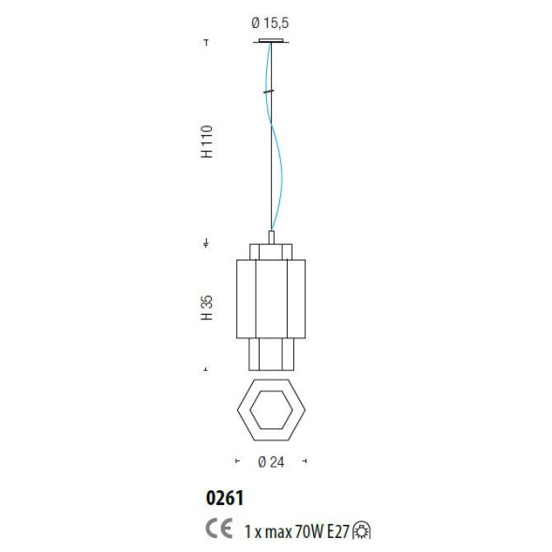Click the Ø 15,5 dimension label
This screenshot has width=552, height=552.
[270, 22]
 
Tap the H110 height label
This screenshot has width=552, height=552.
[207, 142]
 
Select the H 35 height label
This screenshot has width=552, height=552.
[207, 307]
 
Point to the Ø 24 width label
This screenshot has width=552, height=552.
[271, 462]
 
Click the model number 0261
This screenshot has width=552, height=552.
[225, 499]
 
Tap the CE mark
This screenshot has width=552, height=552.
[219, 528]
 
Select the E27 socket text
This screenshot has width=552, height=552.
[338, 531]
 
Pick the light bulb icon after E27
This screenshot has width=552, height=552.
[362, 530]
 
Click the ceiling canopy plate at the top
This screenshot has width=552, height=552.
[271, 41]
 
